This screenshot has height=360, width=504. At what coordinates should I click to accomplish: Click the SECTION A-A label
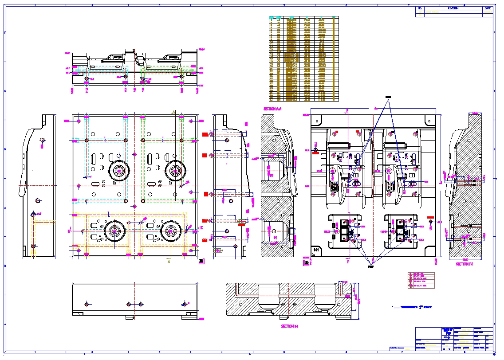click(x=272, y=109)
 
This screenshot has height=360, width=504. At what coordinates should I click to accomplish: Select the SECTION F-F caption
click(x=465, y=264)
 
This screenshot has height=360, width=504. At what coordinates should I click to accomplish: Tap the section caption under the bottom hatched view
click(x=289, y=326)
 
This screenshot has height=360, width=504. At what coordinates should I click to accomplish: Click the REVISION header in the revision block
click(x=453, y=8)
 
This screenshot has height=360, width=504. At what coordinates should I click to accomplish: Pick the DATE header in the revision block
click(x=488, y=8)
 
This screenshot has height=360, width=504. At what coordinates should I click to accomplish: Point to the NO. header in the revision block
click(x=420, y=8)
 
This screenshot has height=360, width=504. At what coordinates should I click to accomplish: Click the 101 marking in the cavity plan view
click(x=316, y=251)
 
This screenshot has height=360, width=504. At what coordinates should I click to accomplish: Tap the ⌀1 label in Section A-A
click(x=275, y=238)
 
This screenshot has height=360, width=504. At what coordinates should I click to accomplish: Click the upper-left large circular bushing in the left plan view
click(x=119, y=170)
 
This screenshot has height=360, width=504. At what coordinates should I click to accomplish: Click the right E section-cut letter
click(x=201, y=228)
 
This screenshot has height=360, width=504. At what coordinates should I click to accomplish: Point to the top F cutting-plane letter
click(x=348, y=109)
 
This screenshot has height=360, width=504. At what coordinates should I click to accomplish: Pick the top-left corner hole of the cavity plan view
click(x=317, y=120)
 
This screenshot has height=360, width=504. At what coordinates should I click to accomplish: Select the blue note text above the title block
click(x=413, y=307)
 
